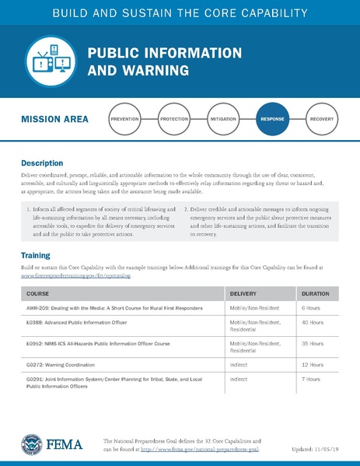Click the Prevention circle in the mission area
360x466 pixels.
[125, 119]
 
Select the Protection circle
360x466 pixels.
[174, 119]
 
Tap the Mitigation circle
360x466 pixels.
[223, 119]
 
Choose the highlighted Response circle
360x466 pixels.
[272, 119]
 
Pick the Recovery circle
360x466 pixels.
[321, 119]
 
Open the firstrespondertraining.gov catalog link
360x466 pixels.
[76, 275]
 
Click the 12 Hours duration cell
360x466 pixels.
[312, 363]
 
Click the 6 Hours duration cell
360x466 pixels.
[310, 309]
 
